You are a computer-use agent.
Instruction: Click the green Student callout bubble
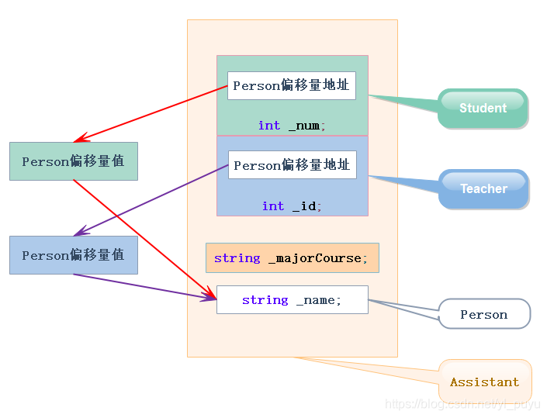click(x=483, y=108)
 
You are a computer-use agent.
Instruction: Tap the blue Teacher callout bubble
click(x=483, y=188)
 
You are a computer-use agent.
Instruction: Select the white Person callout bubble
click(x=484, y=314)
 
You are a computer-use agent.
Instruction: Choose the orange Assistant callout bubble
click(x=485, y=382)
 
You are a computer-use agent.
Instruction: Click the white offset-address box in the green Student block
click(x=291, y=85)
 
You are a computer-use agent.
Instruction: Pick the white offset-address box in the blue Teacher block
click(x=292, y=165)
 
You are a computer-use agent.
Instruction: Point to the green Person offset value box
click(x=74, y=161)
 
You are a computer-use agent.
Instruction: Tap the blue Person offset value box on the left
click(x=74, y=255)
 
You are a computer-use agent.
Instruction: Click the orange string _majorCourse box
click(x=292, y=257)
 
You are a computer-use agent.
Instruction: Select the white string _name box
click(x=292, y=299)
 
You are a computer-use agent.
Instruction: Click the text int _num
click(x=292, y=125)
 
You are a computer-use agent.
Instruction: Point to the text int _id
click(x=292, y=206)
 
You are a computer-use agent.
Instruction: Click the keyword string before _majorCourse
click(x=237, y=257)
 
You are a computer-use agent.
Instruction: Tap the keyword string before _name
click(x=265, y=299)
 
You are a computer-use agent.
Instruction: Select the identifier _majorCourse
click(x=314, y=257)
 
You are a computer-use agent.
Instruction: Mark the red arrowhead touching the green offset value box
click(x=78, y=140)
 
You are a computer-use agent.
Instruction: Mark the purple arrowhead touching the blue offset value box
click(x=78, y=233)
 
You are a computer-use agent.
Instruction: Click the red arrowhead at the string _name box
click(x=212, y=295)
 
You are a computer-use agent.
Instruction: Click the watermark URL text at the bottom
click(x=462, y=404)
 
